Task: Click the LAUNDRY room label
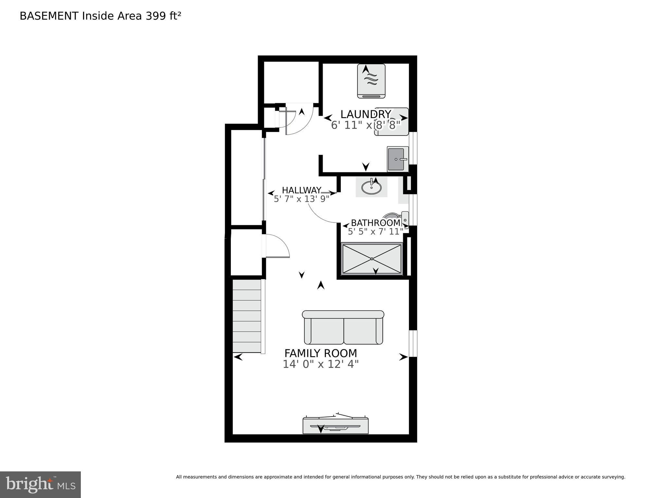pyautogui.click(x=366, y=114)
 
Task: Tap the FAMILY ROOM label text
pyautogui.click(x=321, y=353)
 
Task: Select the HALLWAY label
pyautogui.click(x=302, y=190)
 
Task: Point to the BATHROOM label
pyautogui.click(x=376, y=223)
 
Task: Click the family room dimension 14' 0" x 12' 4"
pyautogui.click(x=321, y=364)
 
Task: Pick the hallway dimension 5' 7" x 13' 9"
pyautogui.click(x=302, y=199)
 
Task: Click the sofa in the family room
pyautogui.click(x=343, y=327)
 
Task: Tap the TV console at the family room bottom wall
pyautogui.click(x=336, y=425)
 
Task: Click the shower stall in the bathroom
pyautogui.click(x=372, y=259)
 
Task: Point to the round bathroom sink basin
pyautogui.click(x=371, y=187)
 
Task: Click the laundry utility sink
pyautogui.click(x=398, y=159)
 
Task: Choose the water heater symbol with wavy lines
pyautogui.click(x=371, y=81)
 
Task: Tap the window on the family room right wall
pyautogui.click(x=413, y=344)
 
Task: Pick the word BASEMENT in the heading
pyautogui.click(x=49, y=16)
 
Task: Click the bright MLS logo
pyautogui.click(x=40, y=485)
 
